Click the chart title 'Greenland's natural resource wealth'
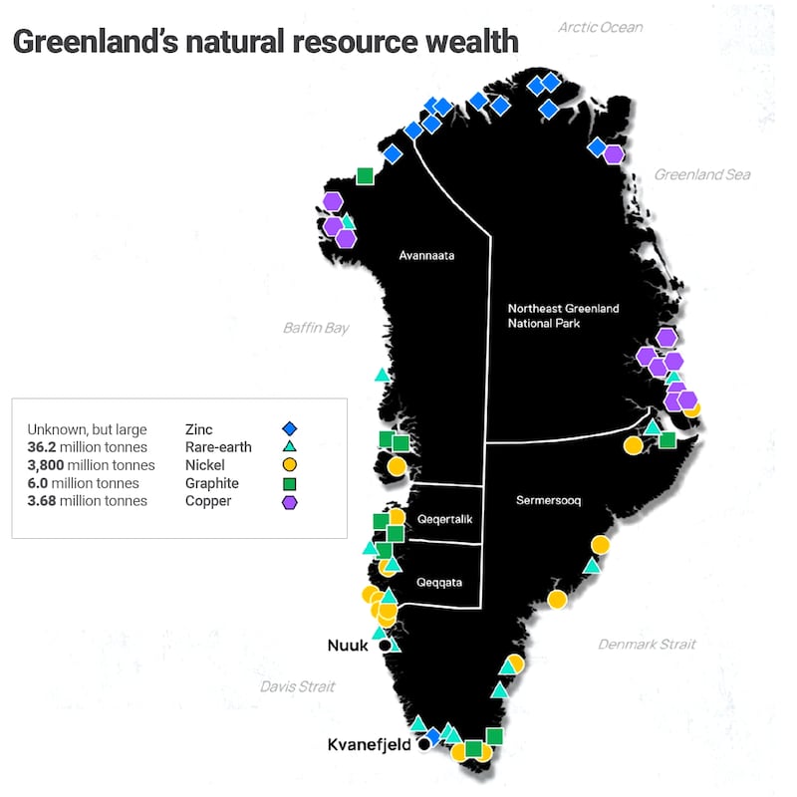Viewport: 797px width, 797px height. pyautogui.click(x=265, y=42)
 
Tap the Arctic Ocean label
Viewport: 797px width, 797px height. pyautogui.click(x=600, y=27)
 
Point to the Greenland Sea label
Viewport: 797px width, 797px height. pyautogui.click(x=701, y=174)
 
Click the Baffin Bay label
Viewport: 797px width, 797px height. pyautogui.click(x=316, y=327)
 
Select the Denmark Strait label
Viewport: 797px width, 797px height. pyautogui.click(x=647, y=645)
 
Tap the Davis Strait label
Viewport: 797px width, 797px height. pyautogui.click(x=298, y=686)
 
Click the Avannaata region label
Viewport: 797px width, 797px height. pyautogui.click(x=426, y=255)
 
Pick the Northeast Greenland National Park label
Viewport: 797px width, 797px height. pyautogui.click(x=563, y=316)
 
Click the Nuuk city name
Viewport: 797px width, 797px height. pyautogui.click(x=349, y=646)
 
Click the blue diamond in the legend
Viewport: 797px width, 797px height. pyautogui.click(x=290, y=428)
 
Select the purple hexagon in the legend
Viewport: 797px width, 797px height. pyautogui.click(x=290, y=501)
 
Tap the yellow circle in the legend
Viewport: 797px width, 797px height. pyautogui.click(x=290, y=464)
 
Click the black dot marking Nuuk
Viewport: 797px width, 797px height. pyautogui.click(x=386, y=646)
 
